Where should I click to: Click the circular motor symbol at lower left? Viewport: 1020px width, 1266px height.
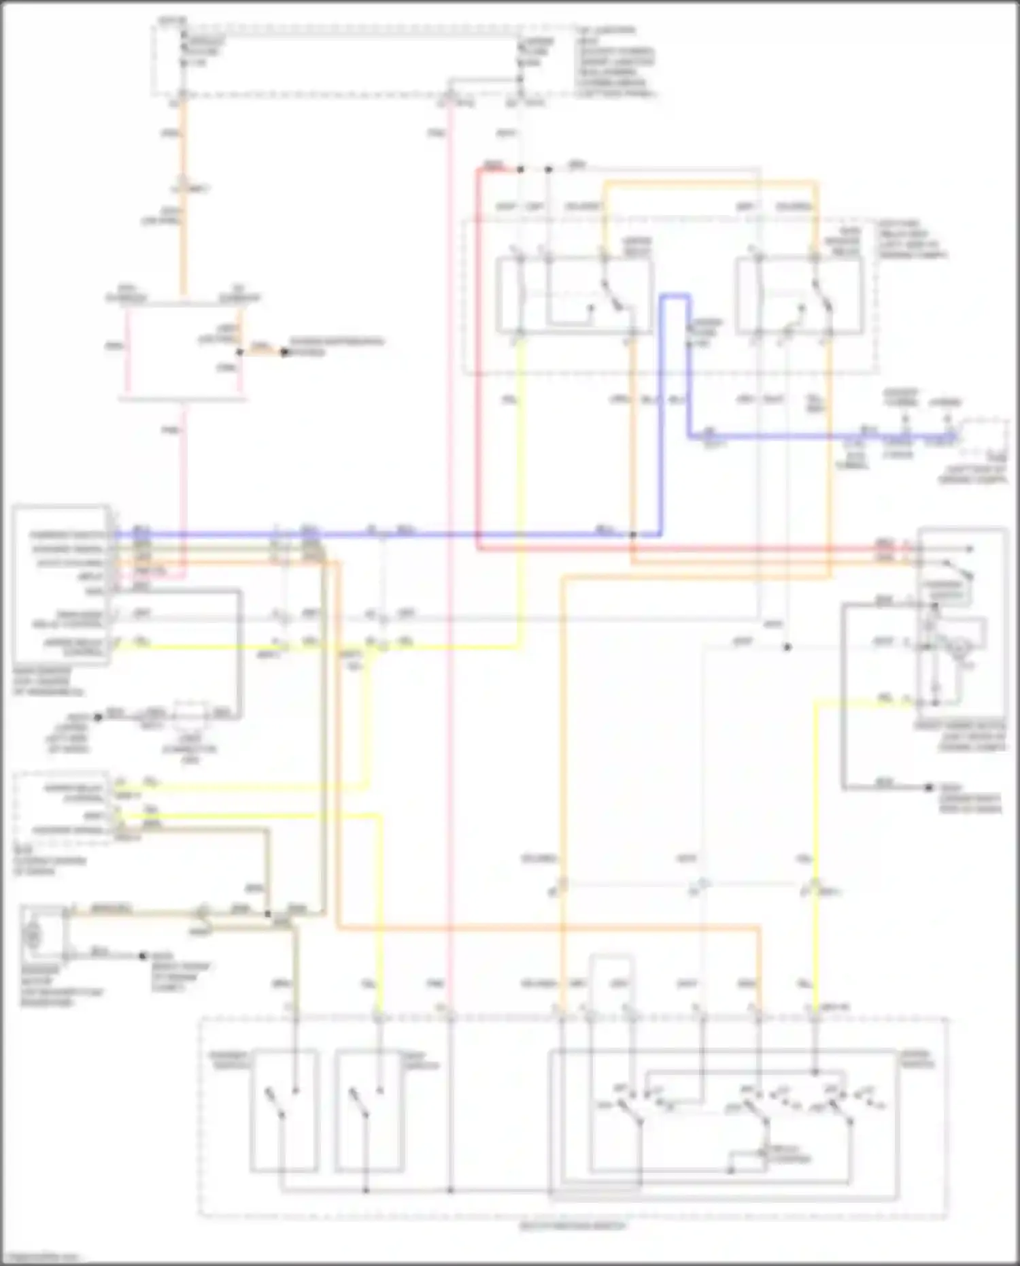31,937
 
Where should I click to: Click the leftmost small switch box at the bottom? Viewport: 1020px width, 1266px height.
284,1110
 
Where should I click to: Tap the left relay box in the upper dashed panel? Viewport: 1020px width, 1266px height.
575,295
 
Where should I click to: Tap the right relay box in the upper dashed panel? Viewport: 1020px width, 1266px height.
799,295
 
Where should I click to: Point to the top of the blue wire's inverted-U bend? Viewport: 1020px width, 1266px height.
677,296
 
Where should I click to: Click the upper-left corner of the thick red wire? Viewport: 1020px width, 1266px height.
479,170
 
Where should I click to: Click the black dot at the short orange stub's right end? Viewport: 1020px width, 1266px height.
285,352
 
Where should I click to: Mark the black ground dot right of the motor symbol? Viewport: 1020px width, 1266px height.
143,956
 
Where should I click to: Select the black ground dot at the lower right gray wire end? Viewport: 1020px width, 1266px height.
929,788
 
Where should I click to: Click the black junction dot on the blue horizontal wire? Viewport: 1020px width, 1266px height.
632,535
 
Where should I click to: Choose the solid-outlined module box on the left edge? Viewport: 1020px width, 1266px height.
61,585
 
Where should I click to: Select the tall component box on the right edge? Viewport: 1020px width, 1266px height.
962,618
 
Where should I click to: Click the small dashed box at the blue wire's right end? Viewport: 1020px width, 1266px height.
983,441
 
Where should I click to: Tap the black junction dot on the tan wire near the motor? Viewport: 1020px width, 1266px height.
269,914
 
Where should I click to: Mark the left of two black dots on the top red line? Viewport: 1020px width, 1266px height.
520,169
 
